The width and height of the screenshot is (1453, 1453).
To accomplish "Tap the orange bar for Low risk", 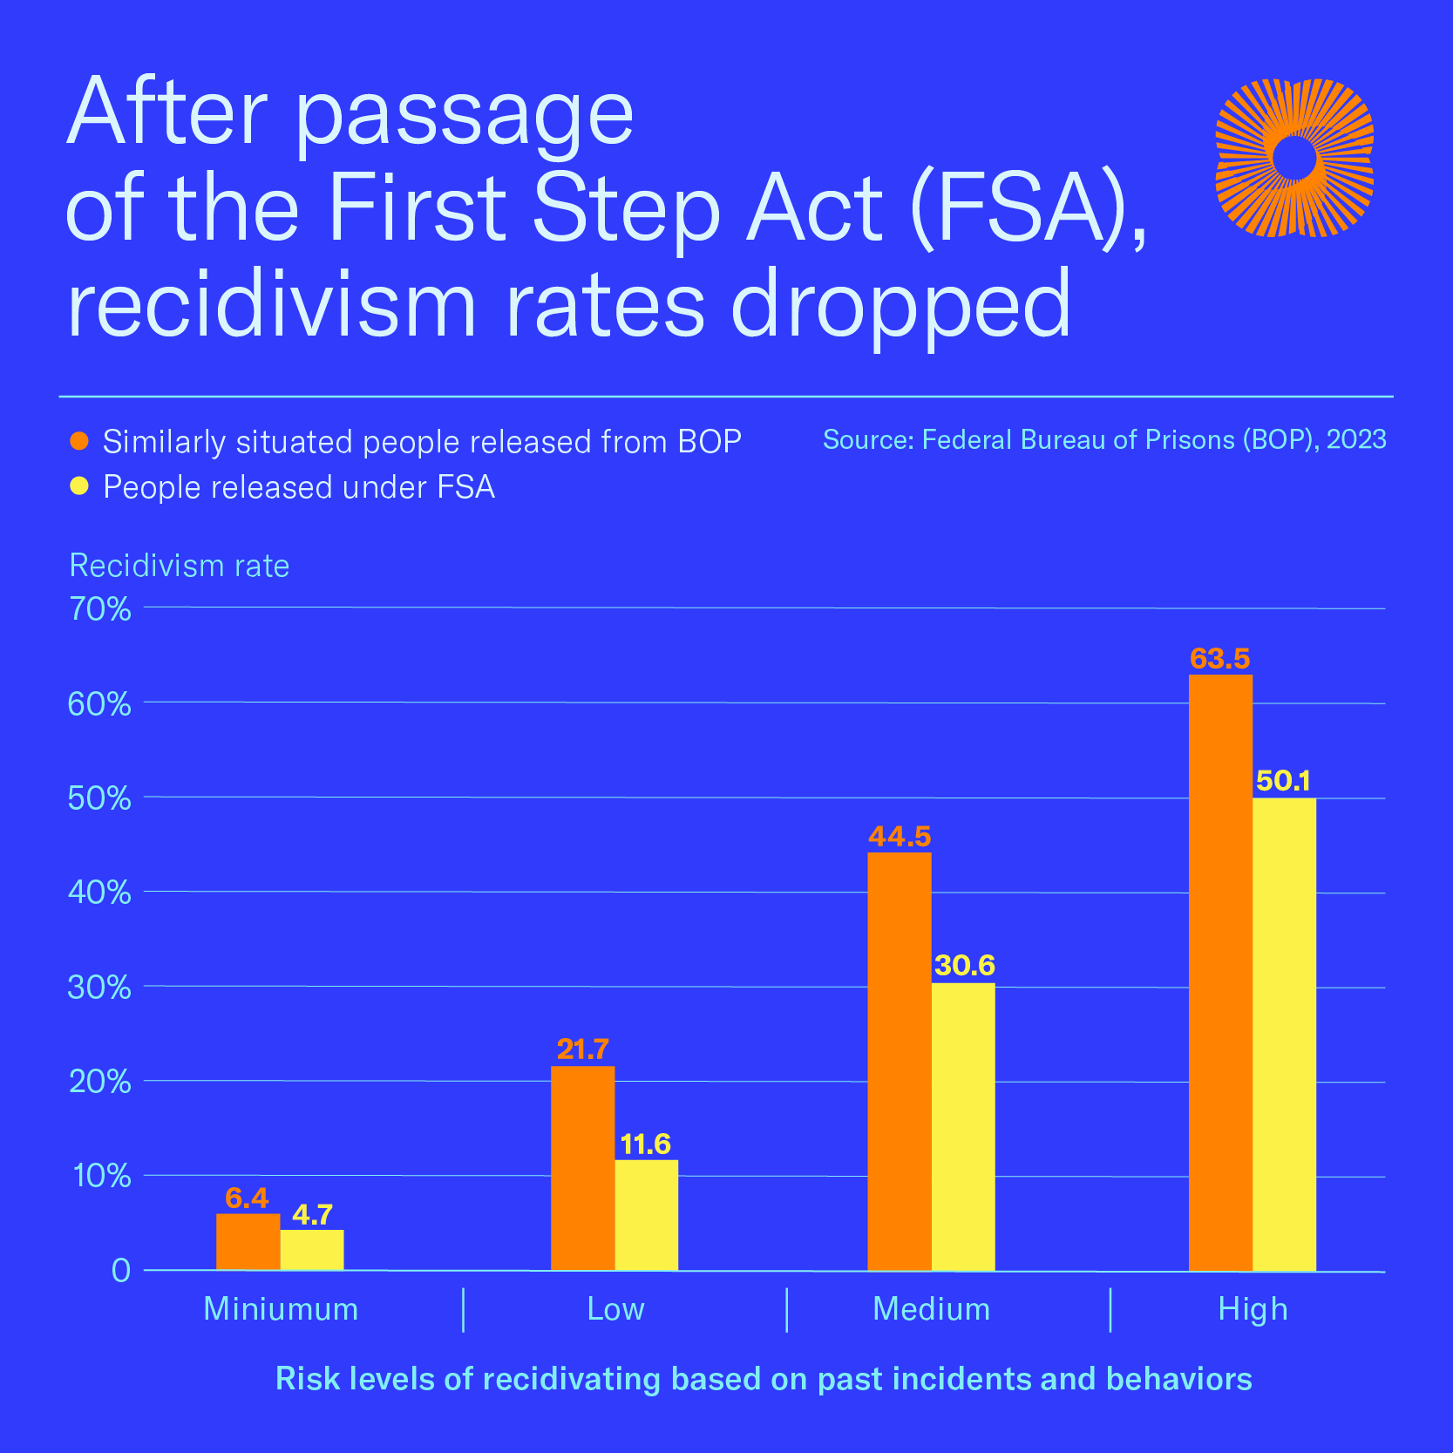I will click(582, 1168).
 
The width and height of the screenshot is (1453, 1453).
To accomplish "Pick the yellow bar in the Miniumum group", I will click(312, 1250).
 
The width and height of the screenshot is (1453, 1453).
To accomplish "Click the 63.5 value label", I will click(1220, 659).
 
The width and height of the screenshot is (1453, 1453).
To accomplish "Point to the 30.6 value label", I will click(964, 966).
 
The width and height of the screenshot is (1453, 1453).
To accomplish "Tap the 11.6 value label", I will click(646, 1144).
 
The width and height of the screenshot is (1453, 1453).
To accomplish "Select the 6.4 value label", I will click(248, 1198).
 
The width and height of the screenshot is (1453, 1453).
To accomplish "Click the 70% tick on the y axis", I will click(100, 608).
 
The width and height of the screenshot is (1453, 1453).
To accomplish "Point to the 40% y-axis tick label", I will click(100, 893).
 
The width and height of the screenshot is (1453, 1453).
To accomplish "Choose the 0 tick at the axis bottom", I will click(121, 1271).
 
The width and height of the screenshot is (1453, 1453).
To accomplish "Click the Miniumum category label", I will click(281, 1309).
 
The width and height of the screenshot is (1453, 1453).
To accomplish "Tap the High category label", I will click(1253, 1309).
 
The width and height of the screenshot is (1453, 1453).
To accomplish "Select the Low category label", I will click(615, 1309).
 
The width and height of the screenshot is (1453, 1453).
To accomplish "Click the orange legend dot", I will click(79, 441).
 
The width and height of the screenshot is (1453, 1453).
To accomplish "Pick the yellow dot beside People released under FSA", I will click(79, 486).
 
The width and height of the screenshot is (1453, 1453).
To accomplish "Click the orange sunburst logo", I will click(1294, 158).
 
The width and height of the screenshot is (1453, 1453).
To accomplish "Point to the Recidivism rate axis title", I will click(180, 566).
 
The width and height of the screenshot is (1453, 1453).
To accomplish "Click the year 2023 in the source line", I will click(1356, 439).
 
